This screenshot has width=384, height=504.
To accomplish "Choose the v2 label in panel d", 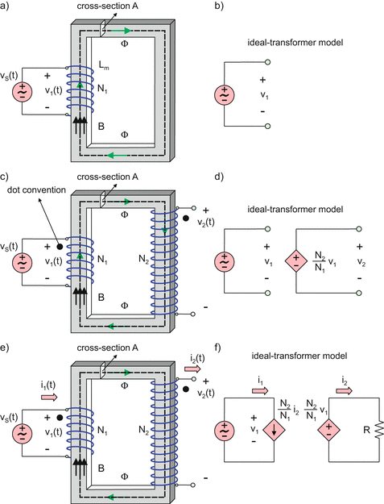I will pos(360,262).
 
